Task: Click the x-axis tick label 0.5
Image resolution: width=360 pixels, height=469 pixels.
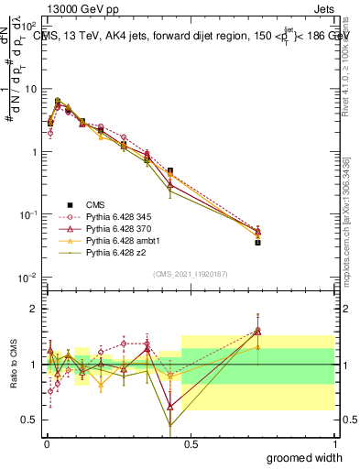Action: point(191,443)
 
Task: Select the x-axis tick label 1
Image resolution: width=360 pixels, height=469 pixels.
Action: point(334,443)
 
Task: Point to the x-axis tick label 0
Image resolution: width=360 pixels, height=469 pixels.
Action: point(47,443)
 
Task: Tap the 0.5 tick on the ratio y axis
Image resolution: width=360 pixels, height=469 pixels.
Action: point(29,420)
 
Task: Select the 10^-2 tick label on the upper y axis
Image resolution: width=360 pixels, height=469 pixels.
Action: point(27,277)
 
